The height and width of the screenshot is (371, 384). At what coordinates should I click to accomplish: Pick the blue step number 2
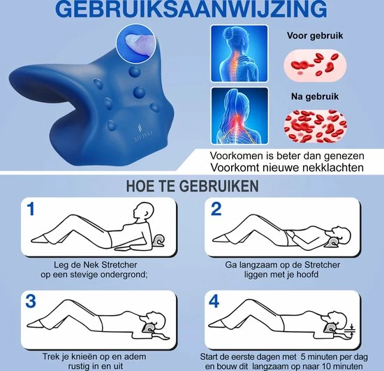click(216, 209)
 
